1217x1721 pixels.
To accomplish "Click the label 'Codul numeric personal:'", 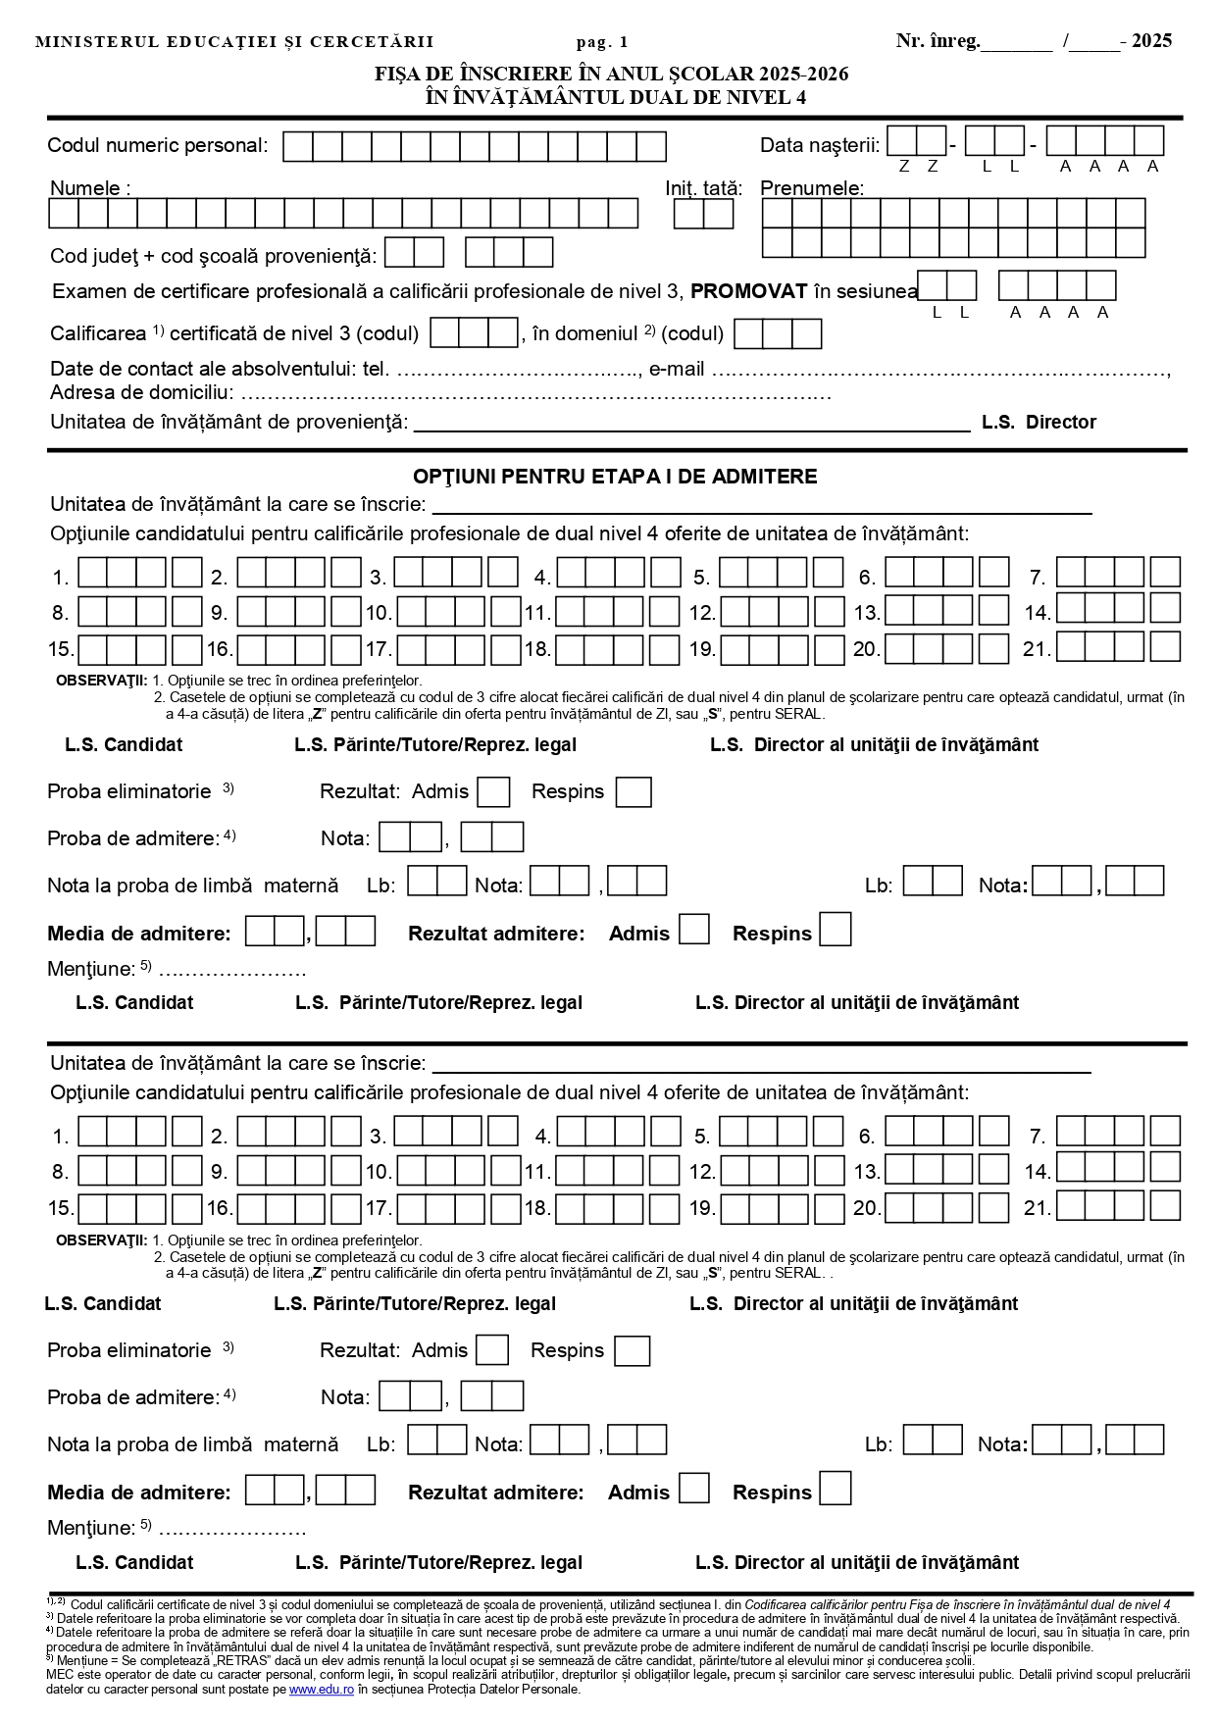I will click(x=157, y=146).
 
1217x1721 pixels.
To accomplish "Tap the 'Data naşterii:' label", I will click(x=820, y=146).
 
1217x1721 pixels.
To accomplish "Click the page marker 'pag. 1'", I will click(x=602, y=42).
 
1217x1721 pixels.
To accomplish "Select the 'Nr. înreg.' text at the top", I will click(x=938, y=41).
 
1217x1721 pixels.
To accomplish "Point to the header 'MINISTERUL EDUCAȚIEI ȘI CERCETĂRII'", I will click(x=234, y=42).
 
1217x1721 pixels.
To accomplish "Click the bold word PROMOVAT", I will click(x=749, y=291).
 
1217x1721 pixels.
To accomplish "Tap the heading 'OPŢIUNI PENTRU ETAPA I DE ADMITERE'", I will click(x=615, y=477).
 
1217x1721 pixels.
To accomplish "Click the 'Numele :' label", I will click(x=90, y=188).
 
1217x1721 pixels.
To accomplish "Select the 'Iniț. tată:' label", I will click(x=703, y=188).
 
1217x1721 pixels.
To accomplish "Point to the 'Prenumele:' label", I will click(x=812, y=188).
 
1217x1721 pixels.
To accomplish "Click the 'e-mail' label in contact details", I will click(x=677, y=370).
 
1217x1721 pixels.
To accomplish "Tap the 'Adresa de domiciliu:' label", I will click(x=142, y=393).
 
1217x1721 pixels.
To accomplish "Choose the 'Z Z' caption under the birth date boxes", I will click(x=918, y=167).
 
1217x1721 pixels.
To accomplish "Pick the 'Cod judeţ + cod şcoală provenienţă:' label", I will click(x=213, y=256).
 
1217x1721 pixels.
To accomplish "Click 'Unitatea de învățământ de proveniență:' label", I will click(x=228, y=423).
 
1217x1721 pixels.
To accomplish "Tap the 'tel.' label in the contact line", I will click(x=377, y=370).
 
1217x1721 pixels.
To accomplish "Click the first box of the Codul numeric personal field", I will click(x=298, y=147).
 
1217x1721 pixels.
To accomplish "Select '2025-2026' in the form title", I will click(x=800, y=75).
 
